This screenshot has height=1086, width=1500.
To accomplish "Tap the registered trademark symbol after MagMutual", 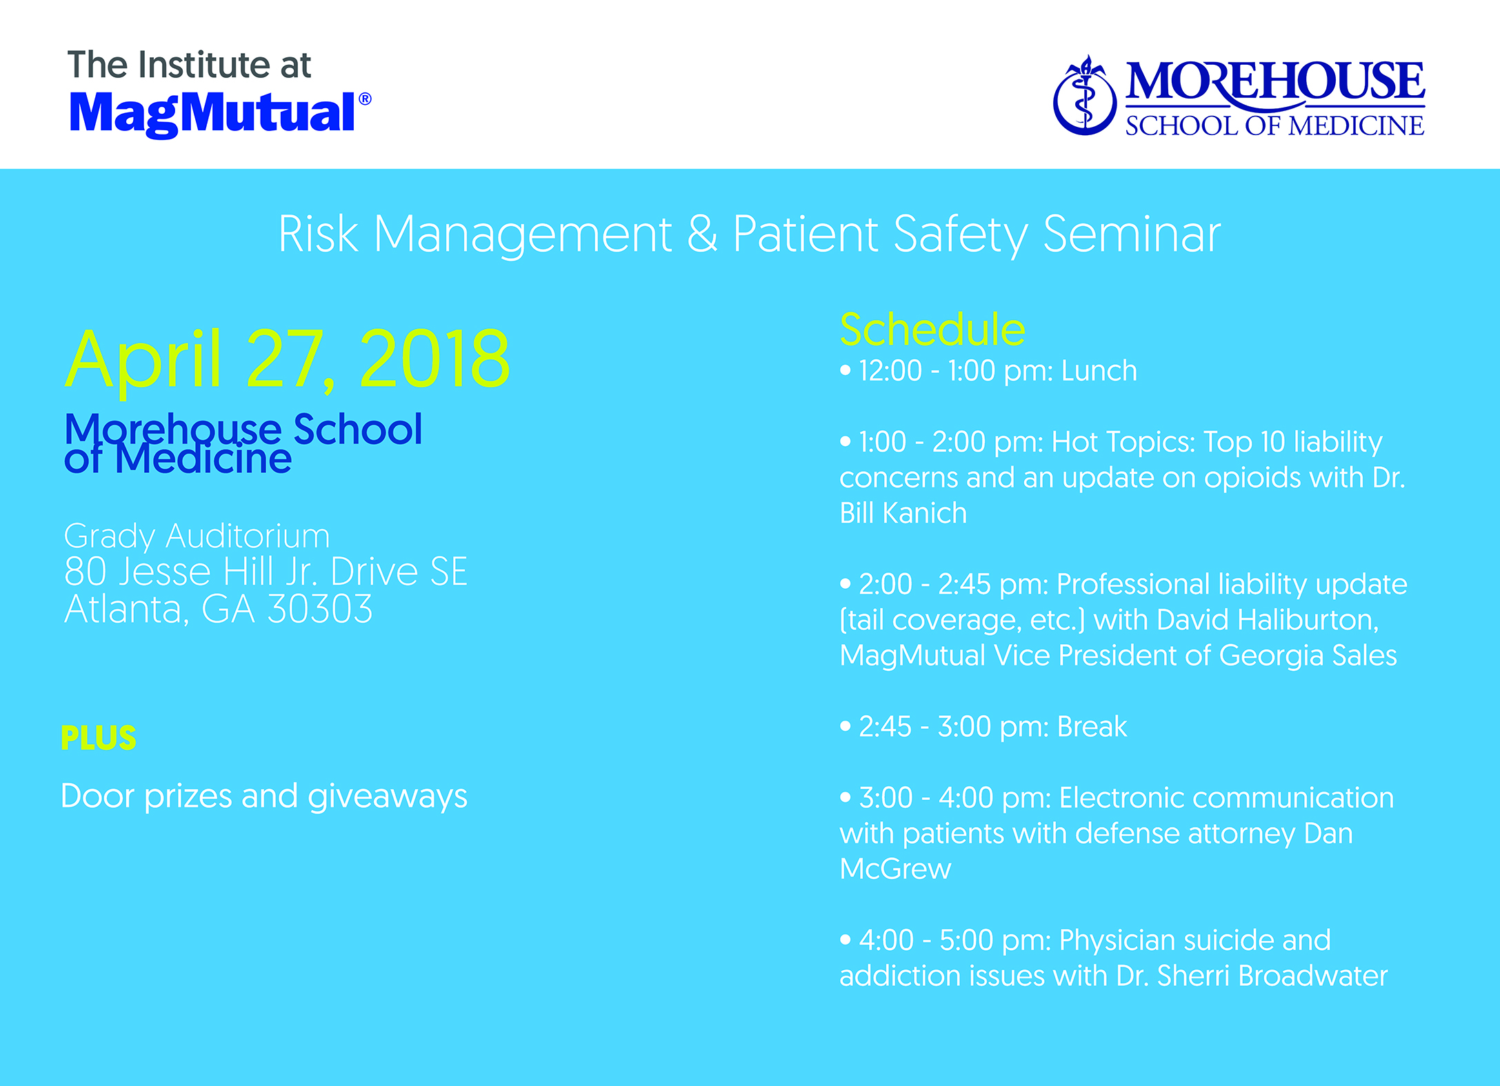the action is (365, 99).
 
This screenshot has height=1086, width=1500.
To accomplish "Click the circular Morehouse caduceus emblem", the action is (1085, 96).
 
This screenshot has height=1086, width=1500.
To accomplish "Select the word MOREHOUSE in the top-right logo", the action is (1275, 82).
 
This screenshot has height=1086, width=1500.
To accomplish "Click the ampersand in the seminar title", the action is (702, 234).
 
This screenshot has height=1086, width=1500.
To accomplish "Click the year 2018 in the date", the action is (435, 359).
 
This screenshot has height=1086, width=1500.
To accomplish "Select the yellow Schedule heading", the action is (932, 329).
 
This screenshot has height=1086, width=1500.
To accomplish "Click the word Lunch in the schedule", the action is (1099, 371).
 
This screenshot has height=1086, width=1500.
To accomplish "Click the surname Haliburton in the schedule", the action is (1268, 620).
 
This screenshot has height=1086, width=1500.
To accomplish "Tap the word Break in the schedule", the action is (1092, 727).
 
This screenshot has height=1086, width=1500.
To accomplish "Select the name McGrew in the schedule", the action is (895, 869).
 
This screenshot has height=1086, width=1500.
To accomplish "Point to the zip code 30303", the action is (320, 609).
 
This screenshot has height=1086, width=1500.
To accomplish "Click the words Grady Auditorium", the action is (197, 536).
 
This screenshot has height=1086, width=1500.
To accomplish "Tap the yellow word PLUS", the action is (99, 738).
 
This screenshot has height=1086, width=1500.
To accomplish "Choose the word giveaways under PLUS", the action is (388, 797).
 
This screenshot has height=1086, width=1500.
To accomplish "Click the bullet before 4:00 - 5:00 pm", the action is (846, 940).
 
